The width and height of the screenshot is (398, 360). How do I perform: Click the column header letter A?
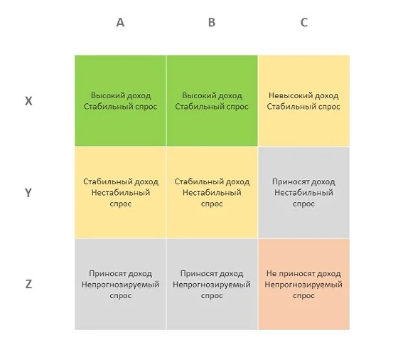[x=120, y=22]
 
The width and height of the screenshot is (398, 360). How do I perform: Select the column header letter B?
[x=212, y=22]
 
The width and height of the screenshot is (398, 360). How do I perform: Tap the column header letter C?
[x=304, y=22]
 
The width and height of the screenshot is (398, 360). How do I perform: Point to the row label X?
[x=28, y=101]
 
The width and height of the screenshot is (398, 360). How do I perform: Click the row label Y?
[x=28, y=193]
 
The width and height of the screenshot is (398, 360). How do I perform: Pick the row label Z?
[x=28, y=284]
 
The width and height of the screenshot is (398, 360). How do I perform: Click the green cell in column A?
[x=120, y=100]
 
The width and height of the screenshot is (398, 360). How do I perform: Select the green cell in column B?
[x=212, y=100]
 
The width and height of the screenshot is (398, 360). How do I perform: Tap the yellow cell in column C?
[x=304, y=100]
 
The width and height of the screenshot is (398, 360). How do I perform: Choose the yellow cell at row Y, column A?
[x=120, y=192]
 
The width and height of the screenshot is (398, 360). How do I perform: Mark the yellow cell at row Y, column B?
[x=212, y=192]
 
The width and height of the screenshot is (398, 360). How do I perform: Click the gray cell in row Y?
[x=304, y=192]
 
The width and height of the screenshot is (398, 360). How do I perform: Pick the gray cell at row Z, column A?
[x=120, y=285]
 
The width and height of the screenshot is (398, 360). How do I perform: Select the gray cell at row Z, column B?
[x=212, y=285]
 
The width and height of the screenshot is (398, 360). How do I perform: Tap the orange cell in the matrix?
[x=304, y=285]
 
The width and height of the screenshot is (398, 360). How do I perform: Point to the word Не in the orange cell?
[x=271, y=274]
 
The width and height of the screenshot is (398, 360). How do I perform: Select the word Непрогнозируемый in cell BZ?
[x=212, y=285]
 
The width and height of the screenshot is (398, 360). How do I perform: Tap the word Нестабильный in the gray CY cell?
[x=303, y=193]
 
